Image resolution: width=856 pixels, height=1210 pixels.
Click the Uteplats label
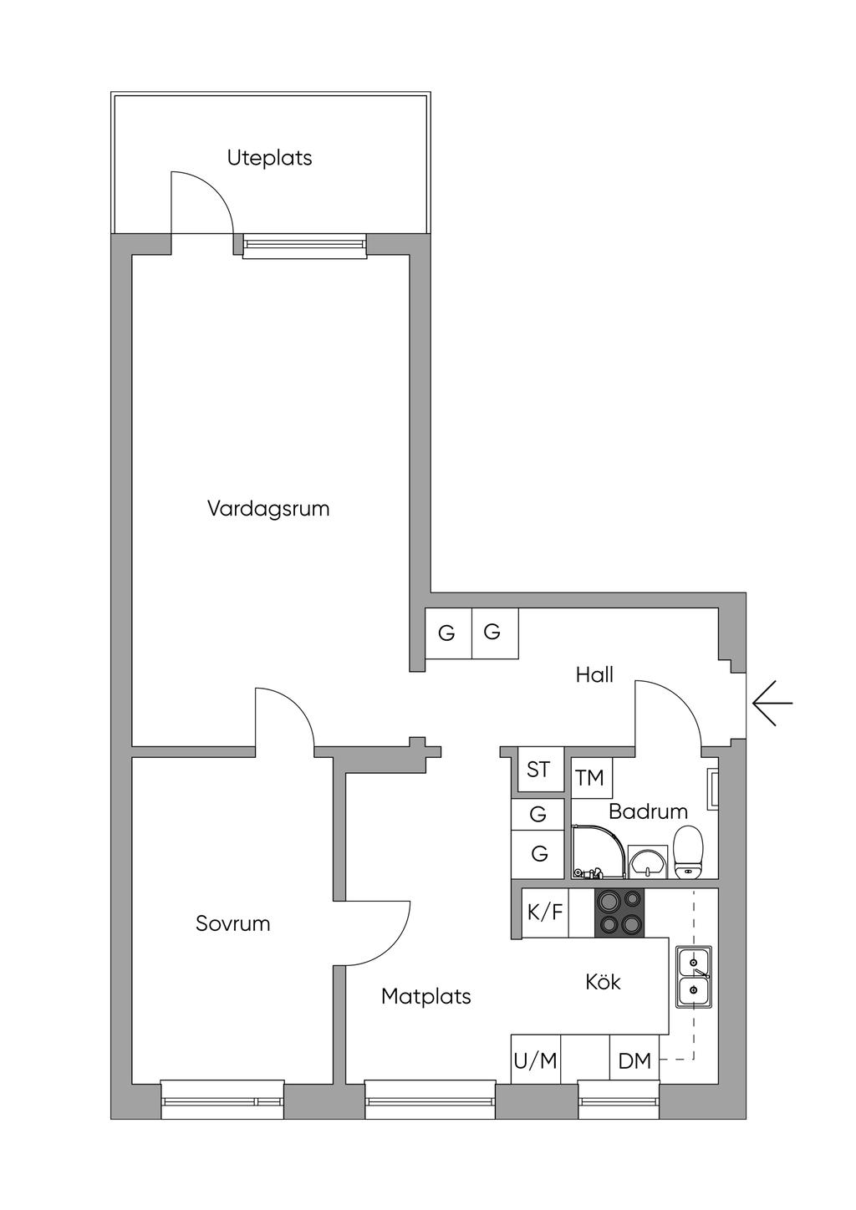click(269, 158)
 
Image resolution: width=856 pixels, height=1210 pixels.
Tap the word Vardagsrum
click(268, 508)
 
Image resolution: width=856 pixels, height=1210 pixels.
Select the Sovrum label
click(232, 923)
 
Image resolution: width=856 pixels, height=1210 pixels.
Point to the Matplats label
click(425, 996)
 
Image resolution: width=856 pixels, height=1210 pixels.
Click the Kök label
click(603, 982)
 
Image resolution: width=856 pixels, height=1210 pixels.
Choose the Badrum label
click(648, 811)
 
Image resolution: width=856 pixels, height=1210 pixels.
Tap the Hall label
click(594, 675)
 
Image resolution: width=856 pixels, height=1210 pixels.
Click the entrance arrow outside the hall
click(772, 702)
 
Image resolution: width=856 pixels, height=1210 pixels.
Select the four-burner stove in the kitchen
click(619, 913)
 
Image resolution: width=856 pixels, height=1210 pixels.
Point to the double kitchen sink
click(694, 977)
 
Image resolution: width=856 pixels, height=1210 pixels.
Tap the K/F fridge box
click(545, 913)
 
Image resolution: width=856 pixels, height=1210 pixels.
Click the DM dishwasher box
click(634, 1061)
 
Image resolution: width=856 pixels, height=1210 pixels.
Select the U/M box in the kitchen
click(535, 1061)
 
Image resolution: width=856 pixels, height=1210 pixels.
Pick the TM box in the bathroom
click(590, 778)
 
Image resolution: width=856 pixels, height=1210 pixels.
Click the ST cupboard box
click(538, 769)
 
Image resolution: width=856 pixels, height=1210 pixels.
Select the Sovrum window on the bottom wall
click(222, 1100)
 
